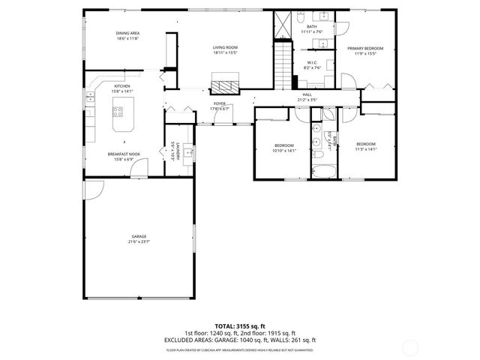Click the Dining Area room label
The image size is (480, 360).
tap(127, 33)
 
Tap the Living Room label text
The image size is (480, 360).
tap(225, 47)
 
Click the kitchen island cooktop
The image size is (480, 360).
tap(118, 113)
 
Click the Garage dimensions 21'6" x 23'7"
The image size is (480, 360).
tap(139, 242)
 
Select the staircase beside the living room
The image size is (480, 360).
tap(282, 63)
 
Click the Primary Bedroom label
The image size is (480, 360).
tap(365, 48)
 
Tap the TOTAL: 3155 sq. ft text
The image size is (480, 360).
tap(240, 326)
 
